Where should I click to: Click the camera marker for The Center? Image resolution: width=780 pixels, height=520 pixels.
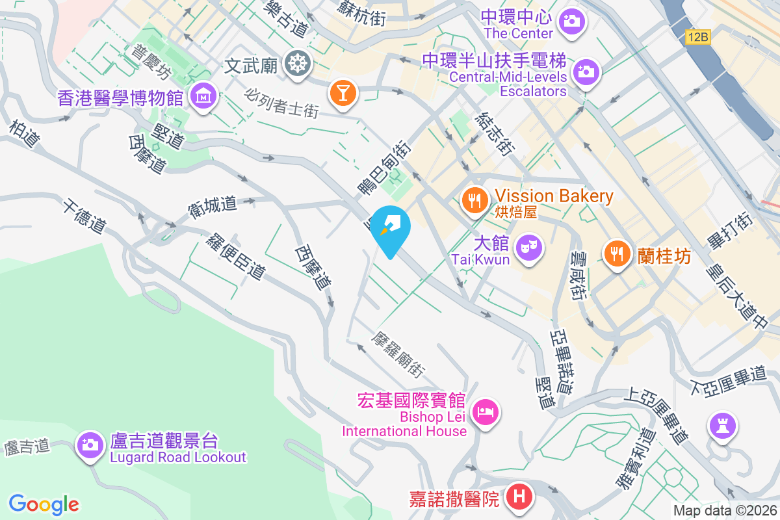click(x=571, y=21)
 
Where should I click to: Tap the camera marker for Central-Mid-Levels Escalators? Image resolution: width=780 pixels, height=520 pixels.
click(x=586, y=70)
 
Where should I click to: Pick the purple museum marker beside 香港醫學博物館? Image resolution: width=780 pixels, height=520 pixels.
click(x=203, y=97)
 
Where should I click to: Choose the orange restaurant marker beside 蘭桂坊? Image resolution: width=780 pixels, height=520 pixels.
click(x=616, y=252)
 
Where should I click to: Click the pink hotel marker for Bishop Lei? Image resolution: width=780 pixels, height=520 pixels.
click(x=486, y=411)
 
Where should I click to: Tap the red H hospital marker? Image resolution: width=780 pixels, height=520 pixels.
click(x=519, y=497)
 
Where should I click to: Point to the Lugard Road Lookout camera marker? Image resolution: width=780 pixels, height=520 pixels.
click(x=90, y=445)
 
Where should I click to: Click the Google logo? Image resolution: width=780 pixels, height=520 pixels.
click(x=44, y=504)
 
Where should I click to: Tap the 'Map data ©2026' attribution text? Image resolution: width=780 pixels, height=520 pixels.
click(x=725, y=510)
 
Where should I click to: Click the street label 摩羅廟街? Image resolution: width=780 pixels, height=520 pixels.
click(x=398, y=355)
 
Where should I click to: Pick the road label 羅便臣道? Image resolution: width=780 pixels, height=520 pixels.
click(x=235, y=257)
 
